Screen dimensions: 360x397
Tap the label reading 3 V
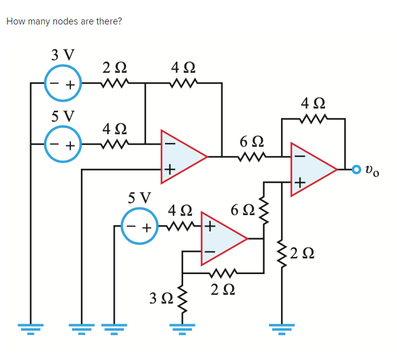[x=63, y=55]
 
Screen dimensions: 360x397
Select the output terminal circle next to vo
[x=356, y=169]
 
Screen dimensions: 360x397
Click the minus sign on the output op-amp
[x=300, y=155]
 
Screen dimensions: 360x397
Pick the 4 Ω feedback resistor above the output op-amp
[x=312, y=118]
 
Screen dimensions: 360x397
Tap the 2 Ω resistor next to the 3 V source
[x=115, y=83]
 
